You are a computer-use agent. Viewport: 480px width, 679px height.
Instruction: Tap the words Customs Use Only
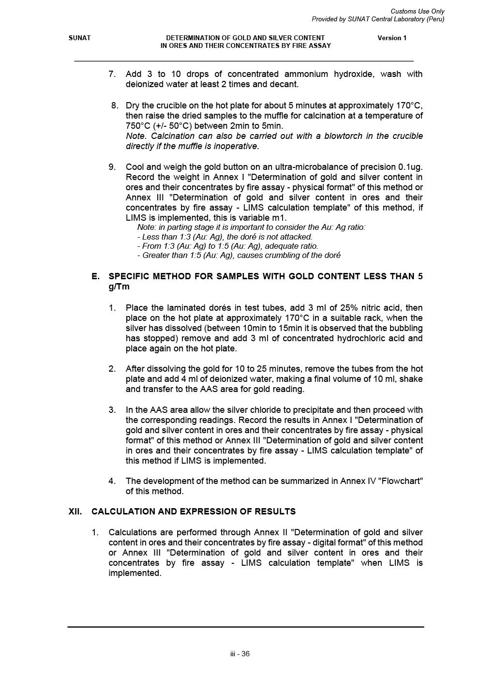417,11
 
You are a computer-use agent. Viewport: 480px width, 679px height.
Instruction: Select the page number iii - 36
240,654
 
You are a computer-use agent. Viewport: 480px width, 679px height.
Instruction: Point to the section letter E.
95,276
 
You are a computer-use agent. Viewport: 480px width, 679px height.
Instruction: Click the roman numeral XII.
75,512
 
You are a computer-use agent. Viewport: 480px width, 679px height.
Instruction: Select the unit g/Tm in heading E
119,287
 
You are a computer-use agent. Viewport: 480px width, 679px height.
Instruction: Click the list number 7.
112,74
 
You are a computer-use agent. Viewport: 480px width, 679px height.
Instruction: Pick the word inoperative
237,146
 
